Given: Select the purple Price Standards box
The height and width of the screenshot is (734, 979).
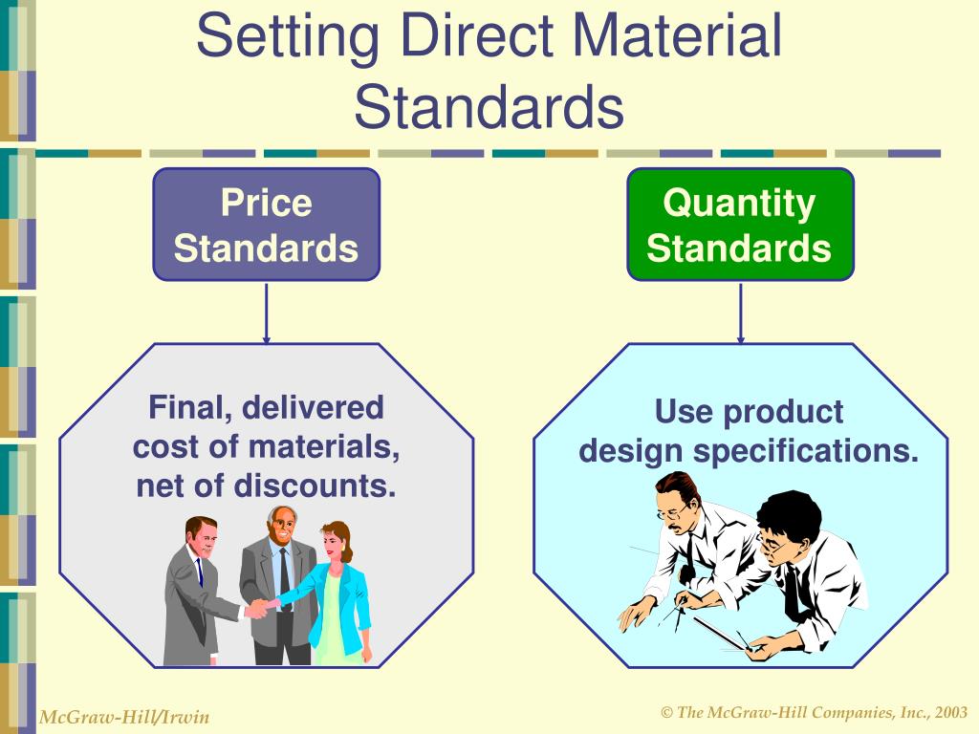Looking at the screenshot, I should pyautogui.click(x=266, y=225).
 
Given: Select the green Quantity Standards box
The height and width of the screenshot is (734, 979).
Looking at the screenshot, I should pyautogui.click(x=739, y=225).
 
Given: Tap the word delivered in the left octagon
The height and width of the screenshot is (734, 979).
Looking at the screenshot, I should pyautogui.click(x=312, y=408).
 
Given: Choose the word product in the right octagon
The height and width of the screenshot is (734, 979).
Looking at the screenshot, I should pyautogui.click(x=783, y=412).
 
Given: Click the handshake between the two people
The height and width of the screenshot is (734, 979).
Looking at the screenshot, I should pyautogui.click(x=257, y=608).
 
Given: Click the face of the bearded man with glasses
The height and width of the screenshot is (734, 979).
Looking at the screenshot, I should pyautogui.click(x=677, y=504).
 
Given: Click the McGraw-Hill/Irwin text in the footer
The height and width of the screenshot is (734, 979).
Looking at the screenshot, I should pyautogui.click(x=123, y=717).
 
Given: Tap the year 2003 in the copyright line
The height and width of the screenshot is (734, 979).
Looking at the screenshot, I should pyautogui.click(x=950, y=713).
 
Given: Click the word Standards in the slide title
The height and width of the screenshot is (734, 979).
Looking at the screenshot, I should pyautogui.click(x=489, y=107).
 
